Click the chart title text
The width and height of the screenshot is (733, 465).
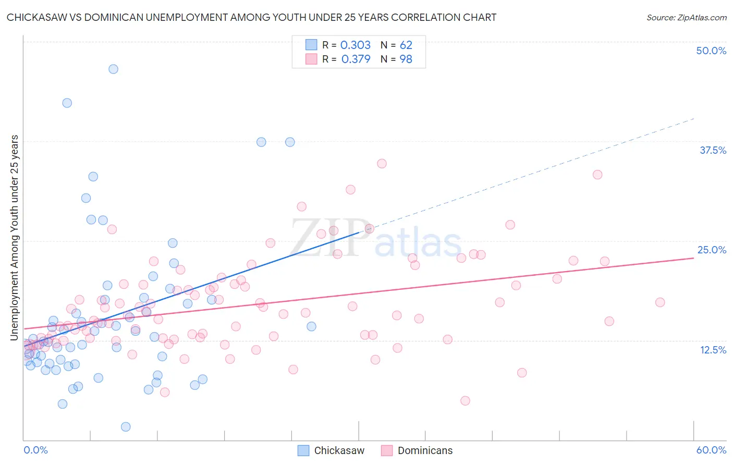[251, 17]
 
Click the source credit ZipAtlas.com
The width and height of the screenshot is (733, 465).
[686, 17]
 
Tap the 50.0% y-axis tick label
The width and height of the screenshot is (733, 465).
[711, 51]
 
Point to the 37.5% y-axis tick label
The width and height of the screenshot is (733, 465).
[713, 150]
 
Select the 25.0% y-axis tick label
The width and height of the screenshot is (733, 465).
[712, 250]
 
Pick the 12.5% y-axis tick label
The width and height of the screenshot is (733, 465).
[713, 350]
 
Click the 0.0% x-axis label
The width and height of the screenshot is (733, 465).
[35, 450]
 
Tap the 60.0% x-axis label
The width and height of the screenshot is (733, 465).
[711, 450]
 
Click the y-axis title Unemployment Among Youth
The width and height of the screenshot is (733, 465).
[14, 238]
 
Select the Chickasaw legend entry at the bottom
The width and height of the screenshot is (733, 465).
[339, 450]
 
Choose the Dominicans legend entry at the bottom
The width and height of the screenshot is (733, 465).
[425, 450]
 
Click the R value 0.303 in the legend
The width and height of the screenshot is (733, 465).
[355, 45]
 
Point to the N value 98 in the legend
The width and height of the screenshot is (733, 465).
[406, 59]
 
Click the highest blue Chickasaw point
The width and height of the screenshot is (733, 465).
[113, 69]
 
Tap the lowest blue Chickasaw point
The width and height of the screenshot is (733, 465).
[126, 427]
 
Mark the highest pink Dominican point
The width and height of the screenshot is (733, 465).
[382, 164]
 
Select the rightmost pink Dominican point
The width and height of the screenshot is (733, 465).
[660, 302]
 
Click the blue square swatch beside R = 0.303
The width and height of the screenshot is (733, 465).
[311, 45]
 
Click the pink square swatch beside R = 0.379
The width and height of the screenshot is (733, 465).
[311, 59]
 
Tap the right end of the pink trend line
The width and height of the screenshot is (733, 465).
[693, 258]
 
